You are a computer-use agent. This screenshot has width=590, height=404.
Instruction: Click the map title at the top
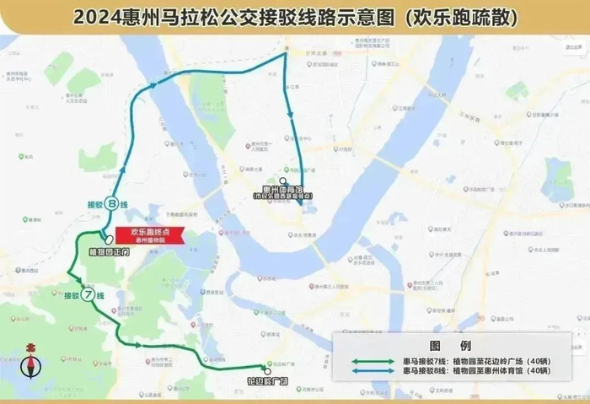pyautogui.click(x=295, y=15)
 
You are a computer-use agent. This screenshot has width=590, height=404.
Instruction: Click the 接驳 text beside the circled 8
pyautogui.click(x=94, y=204)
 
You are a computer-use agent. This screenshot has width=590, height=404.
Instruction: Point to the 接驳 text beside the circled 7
pyautogui.click(x=71, y=296)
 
